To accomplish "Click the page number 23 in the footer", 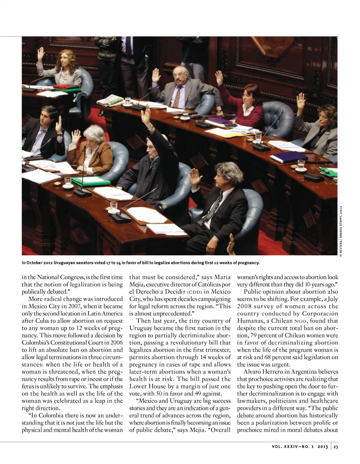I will click(336, 447).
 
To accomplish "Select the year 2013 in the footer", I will click(322, 447).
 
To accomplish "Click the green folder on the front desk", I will click(91, 181).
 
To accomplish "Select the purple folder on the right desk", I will click(289, 157).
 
